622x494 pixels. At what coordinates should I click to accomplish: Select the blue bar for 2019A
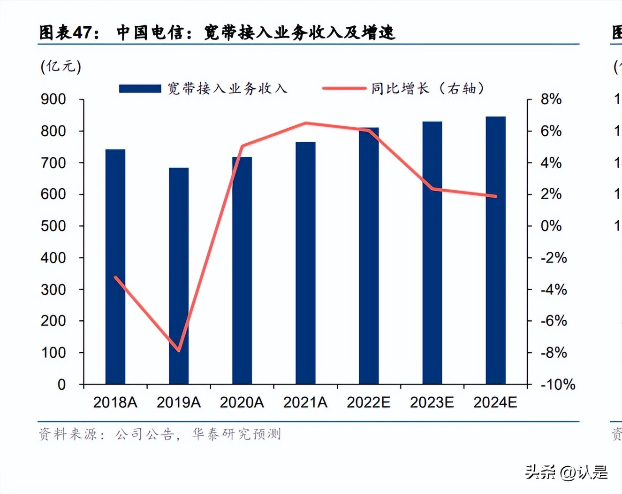coord(179,277)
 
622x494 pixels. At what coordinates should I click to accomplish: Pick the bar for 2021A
coord(305,263)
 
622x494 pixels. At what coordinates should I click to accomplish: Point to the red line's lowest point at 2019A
coord(179,350)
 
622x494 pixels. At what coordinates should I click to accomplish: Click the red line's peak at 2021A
coord(305,123)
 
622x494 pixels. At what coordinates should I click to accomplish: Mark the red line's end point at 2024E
coord(495,196)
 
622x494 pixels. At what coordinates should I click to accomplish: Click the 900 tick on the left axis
coord(53,100)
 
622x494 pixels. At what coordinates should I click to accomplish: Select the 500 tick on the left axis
coord(53,226)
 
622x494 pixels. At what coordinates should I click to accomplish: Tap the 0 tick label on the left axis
coord(61,385)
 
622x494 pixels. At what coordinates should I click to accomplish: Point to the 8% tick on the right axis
coord(551,100)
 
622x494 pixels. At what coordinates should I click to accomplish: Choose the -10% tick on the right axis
coord(558,385)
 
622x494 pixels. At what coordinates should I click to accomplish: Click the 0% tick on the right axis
coord(551,226)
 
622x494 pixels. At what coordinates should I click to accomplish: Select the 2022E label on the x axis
coord(369,402)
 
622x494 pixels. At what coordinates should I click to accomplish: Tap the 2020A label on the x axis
coord(242,402)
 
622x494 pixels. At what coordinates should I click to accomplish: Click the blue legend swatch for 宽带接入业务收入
coord(140,89)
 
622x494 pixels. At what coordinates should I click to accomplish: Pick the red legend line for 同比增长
coord(344,88)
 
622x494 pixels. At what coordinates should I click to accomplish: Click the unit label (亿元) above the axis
coord(61,66)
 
